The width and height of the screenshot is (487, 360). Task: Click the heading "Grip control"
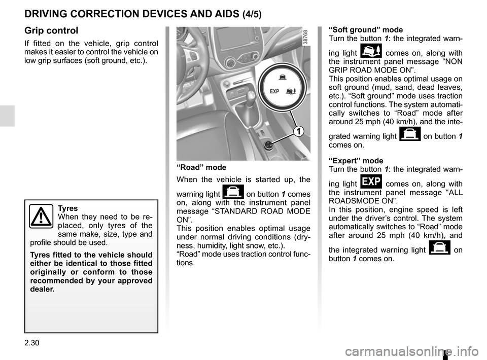[51, 30]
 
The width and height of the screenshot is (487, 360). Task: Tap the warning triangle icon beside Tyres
[40, 217]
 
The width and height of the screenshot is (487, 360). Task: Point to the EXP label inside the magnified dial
[274, 92]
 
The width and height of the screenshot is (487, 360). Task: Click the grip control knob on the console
[269, 146]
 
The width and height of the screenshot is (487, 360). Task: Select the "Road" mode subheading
[201, 167]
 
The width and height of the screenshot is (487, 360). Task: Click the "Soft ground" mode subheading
[366, 30]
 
